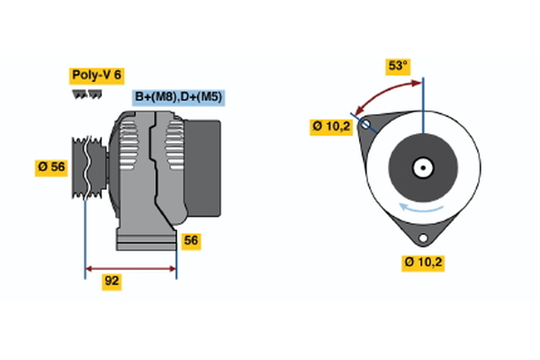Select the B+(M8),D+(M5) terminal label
(x=178, y=97)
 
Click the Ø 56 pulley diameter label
(x=51, y=166)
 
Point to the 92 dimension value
(x=112, y=281)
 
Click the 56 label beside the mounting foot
(x=191, y=240)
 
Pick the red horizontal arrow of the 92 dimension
(x=130, y=268)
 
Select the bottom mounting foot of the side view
(x=144, y=239)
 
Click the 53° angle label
(x=397, y=66)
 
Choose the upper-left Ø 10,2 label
(x=330, y=127)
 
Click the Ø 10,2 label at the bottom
(x=423, y=263)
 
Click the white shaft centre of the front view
(x=422, y=166)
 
